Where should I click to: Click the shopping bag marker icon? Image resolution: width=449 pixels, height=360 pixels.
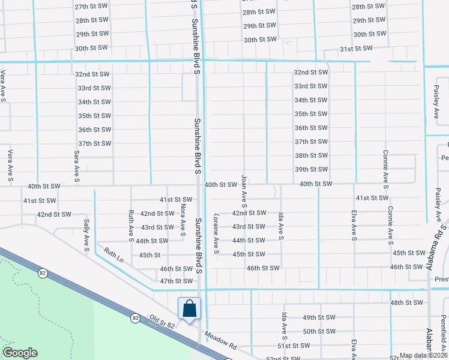tap(190, 308)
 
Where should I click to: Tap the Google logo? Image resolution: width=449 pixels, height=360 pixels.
tap(20, 353)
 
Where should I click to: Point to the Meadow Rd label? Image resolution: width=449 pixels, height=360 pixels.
tap(221, 340)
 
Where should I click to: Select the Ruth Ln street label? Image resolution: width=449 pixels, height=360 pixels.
tap(113, 255)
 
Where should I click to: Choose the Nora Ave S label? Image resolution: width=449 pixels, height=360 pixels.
tap(182, 217)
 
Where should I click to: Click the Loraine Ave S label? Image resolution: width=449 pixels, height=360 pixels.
tap(215, 233)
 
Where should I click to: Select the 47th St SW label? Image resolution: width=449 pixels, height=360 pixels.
tap(176, 281)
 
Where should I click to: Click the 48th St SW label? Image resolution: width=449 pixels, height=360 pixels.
tap(406, 303)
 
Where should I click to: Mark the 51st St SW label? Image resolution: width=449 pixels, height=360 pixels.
tap(294, 346)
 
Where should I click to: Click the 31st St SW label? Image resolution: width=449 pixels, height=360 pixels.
tap(356, 48)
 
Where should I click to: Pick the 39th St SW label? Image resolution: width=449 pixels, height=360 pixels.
tap(311, 170)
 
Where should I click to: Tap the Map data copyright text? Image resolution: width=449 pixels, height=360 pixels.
tap(424, 355)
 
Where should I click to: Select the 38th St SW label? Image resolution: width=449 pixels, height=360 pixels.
tap(311, 155)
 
